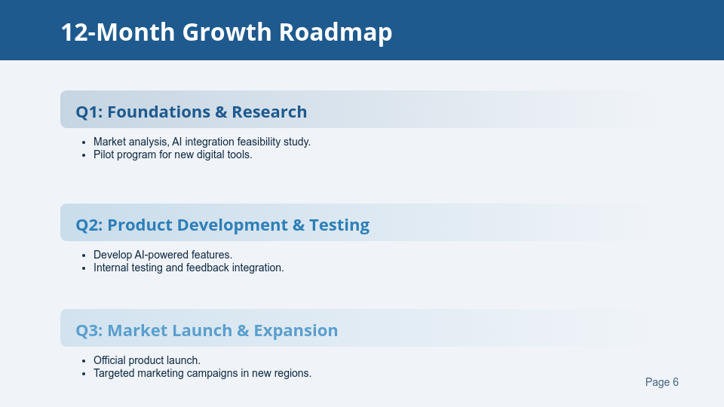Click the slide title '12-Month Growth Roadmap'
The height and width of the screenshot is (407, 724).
point(226,32)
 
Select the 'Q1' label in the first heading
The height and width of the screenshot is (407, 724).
point(88,112)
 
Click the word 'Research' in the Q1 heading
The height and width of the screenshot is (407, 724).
point(269,112)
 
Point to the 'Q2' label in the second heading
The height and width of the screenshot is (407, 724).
point(88,225)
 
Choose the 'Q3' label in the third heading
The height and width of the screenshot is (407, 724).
point(88,331)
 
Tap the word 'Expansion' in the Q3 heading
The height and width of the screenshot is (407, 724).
point(296,331)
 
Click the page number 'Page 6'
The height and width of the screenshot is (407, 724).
point(661,382)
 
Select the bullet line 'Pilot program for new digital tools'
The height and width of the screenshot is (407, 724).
point(172,155)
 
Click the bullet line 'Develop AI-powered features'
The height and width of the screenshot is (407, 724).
point(162,255)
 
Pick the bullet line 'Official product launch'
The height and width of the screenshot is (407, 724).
point(146,360)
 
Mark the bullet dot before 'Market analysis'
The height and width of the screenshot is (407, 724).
point(84,142)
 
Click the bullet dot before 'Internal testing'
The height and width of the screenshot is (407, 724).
point(84,268)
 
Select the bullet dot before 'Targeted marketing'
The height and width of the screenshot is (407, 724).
point(84,374)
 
